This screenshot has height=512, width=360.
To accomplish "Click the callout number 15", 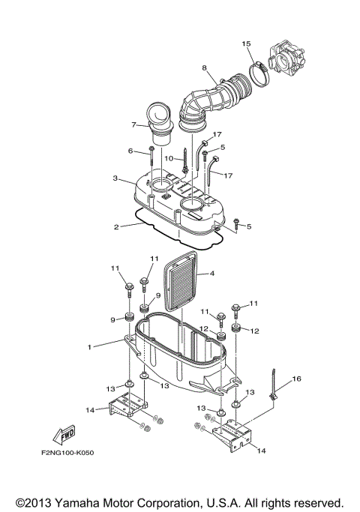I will (246, 44).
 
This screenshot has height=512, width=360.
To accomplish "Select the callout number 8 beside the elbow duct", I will (203, 69).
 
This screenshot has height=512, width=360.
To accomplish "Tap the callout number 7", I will (133, 124).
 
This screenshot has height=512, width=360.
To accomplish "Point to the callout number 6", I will (130, 151).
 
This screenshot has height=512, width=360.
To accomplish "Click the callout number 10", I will (169, 159).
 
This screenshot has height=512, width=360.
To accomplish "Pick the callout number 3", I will (114, 178).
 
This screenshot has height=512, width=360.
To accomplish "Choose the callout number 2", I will (116, 226).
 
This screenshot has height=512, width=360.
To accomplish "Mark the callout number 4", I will (211, 274).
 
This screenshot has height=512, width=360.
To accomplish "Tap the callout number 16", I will (295, 379).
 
